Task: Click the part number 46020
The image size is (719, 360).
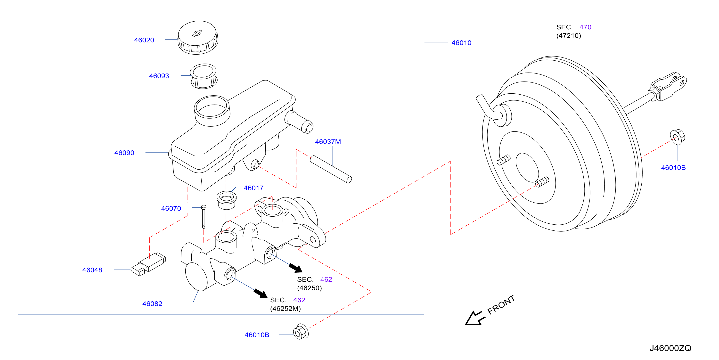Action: (x=144, y=40)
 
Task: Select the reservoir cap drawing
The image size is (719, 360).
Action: (x=198, y=37)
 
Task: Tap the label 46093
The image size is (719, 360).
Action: (x=159, y=76)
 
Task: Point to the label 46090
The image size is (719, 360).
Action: (x=124, y=153)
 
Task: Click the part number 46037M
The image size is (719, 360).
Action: (x=328, y=142)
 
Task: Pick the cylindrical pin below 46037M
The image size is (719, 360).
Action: (x=331, y=169)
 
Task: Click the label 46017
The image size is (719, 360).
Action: (x=253, y=188)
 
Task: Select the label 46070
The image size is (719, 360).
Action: (x=171, y=208)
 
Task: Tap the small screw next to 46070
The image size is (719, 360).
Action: (x=204, y=217)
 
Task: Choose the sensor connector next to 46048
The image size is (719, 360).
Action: (x=148, y=264)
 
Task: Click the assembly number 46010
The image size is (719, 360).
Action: (x=461, y=43)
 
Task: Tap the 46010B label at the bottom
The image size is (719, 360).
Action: (x=257, y=335)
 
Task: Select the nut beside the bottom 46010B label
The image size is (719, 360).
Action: (x=301, y=332)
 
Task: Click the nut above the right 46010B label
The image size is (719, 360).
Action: (x=678, y=137)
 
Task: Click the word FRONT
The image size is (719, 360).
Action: (x=501, y=304)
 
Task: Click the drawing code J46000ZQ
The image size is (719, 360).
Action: (x=670, y=348)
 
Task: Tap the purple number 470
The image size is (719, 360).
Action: (x=585, y=27)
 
